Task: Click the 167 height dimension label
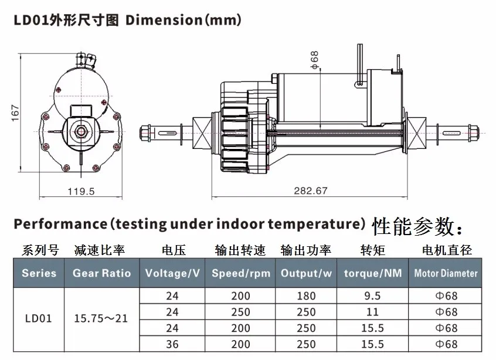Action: click(15, 113)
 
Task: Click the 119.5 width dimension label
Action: click(81, 191)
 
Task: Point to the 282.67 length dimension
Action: click(310, 191)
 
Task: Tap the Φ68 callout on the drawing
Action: click(315, 60)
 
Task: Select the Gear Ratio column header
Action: click(101, 273)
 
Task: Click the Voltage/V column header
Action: click(172, 273)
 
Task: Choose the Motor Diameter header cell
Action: click(446, 273)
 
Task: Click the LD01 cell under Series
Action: click(38, 318)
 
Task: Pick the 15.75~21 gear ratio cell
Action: click(101, 318)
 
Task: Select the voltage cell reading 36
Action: click(172, 344)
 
